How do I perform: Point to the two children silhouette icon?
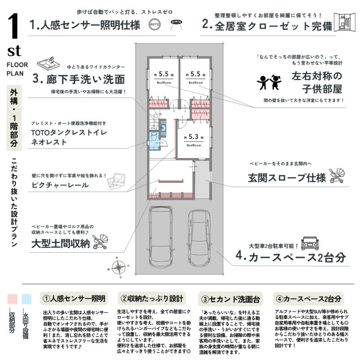tap(269, 82)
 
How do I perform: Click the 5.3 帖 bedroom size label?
tap(193, 138)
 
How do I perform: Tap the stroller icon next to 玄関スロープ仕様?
tap(337, 175)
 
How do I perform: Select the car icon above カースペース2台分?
tap(310, 243)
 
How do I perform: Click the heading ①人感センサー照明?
tap(74, 298)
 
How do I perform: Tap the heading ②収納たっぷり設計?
tap(152, 298)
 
